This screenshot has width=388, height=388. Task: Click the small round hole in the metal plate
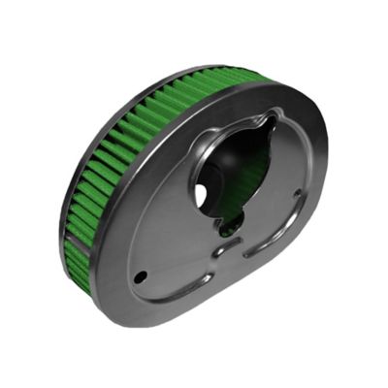tap(142, 276)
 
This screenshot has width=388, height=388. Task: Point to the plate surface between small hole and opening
tap(165, 242)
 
